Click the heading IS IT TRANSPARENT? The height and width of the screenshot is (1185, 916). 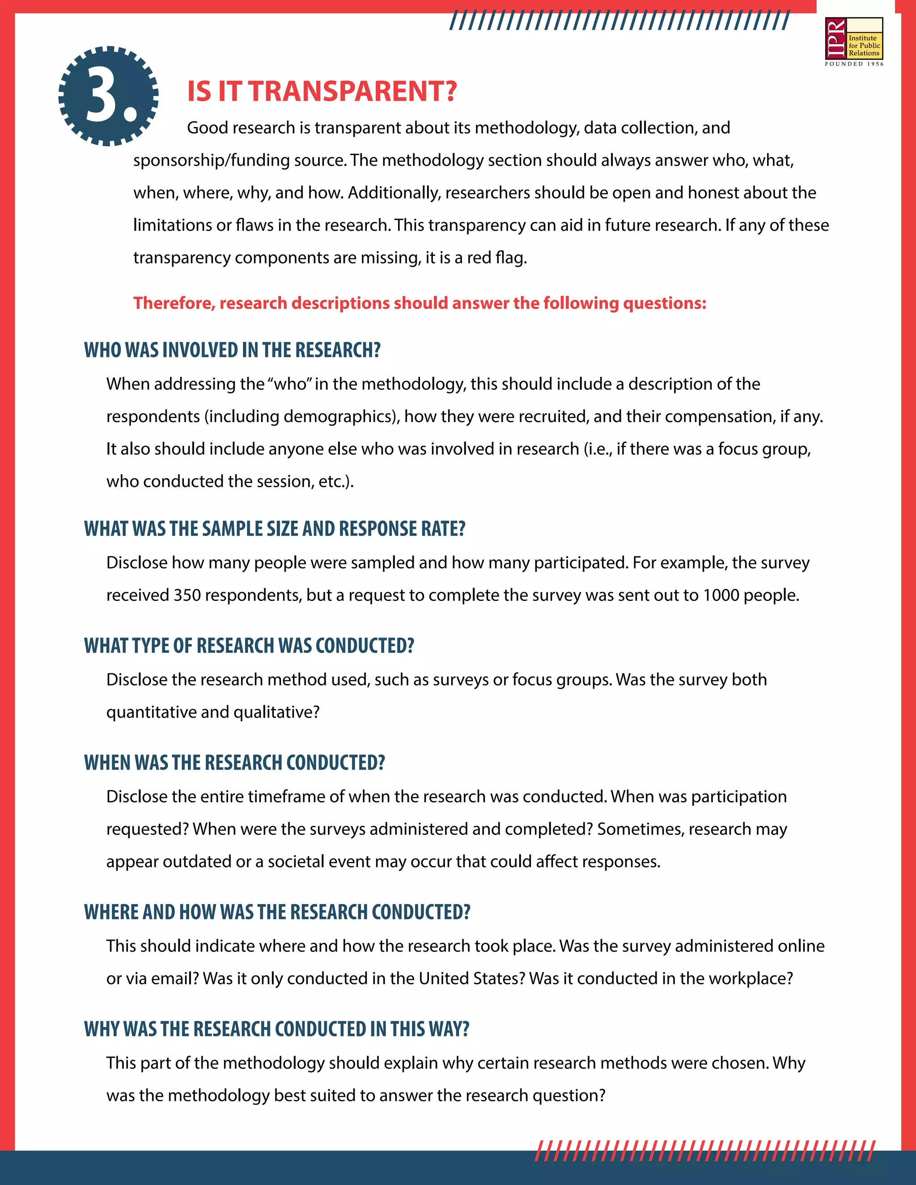(x=322, y=91)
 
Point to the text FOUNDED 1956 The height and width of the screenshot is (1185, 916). (x=854, y=64)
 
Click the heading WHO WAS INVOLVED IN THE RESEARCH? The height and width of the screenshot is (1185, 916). (x=232, y=350)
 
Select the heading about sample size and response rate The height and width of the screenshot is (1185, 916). (x=275, y=529)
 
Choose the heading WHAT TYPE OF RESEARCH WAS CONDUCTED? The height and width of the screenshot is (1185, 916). (x=249, y=646)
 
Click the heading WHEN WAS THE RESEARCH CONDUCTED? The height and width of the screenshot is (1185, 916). (x=234, y=762)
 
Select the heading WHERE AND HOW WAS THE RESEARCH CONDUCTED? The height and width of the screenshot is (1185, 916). (x=277, y=912)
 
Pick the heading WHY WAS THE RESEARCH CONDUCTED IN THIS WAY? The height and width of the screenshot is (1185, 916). (x=276, y=1029)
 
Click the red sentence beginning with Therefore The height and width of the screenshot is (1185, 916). (x=420, y=303)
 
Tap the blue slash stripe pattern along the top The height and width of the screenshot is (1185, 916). (x=619, y=21)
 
